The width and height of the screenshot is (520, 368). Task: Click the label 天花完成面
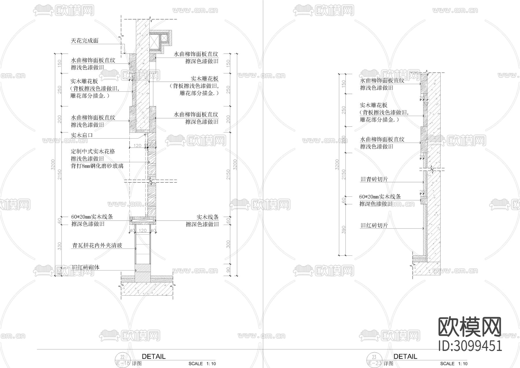(x=85, y=41)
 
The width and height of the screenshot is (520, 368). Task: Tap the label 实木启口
(x=82, y=135)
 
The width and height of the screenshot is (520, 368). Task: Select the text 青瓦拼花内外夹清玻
(x=97, y=245)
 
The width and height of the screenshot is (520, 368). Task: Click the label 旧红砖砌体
(x=86, y=267)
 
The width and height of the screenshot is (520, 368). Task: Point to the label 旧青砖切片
(x=374, y=179)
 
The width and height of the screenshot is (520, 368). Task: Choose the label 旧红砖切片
(x=374, y=225)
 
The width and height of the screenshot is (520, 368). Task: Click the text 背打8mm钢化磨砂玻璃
(x=97, y=166)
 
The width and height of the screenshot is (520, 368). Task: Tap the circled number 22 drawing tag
(x=122, y=357)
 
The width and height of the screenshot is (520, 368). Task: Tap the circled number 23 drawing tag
(x=374, y=357)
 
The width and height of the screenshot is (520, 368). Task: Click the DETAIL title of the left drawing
(x=154, y=356)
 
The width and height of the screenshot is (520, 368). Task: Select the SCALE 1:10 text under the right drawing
(x=454, y=364)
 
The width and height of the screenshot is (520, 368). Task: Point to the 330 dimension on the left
(x=60, y=246)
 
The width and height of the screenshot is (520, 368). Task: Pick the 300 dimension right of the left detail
(x=228, y=244)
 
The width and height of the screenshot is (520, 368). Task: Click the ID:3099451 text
(x=470, y=346)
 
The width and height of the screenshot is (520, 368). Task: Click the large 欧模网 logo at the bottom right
(x=470, y=327)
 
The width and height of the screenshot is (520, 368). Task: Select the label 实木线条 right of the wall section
(x=207, y=217)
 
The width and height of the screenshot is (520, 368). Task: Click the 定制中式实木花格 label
(x=93, y=151)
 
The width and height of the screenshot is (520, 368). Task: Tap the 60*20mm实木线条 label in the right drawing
(x=380, y=197)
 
